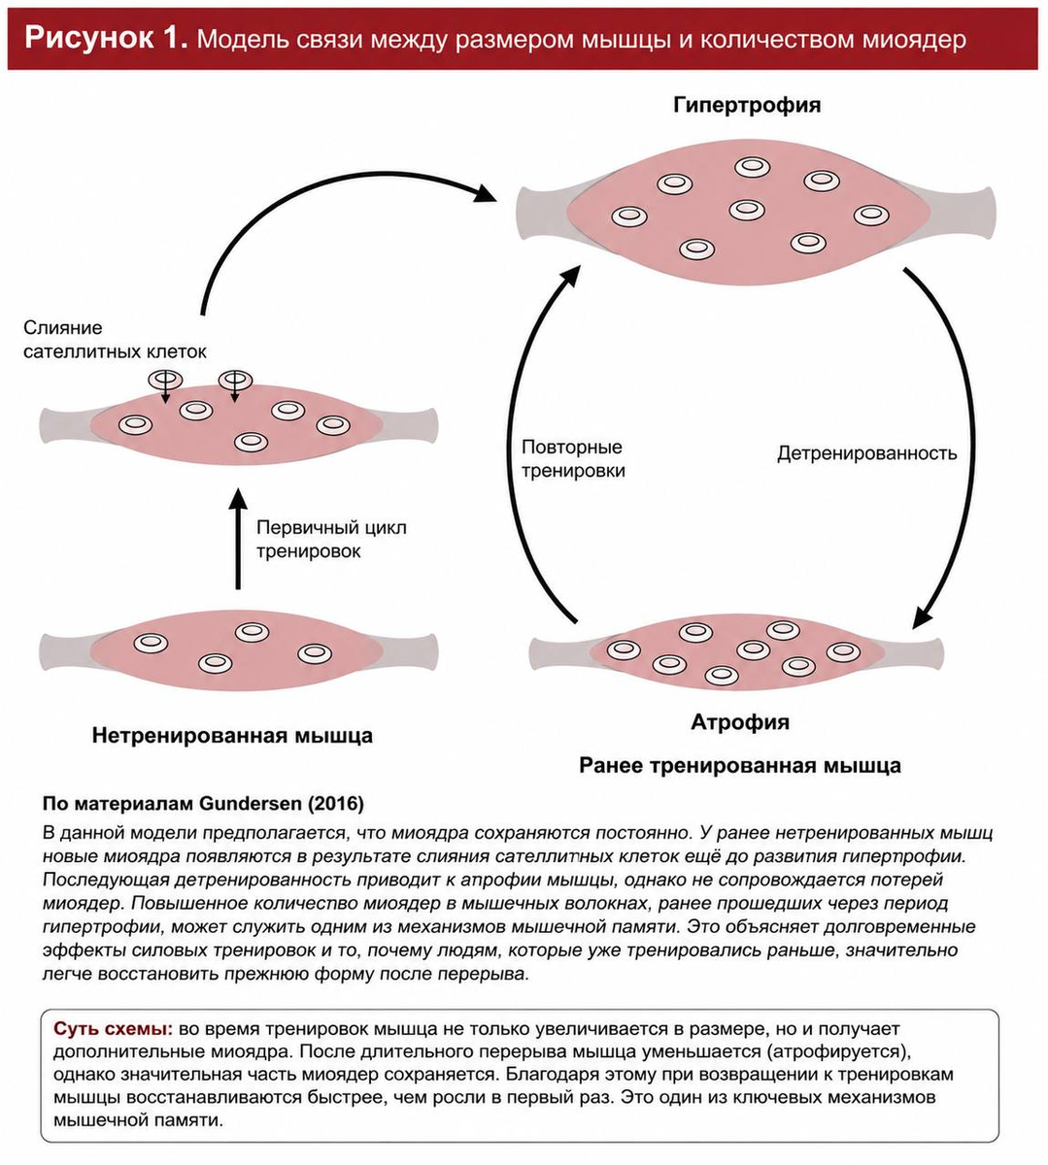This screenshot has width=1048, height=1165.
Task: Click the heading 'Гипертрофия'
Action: pos(747,105)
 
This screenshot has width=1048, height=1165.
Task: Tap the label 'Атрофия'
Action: pos(740,722)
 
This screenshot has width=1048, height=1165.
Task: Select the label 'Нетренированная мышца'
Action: pos(232,736)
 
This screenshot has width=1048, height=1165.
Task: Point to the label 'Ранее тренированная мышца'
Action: pos(740,765)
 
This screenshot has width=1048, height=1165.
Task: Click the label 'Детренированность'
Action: pos(866,453)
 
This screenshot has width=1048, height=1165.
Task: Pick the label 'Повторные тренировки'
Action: pos(573,459)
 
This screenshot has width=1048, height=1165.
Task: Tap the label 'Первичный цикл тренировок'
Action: pos(331,539)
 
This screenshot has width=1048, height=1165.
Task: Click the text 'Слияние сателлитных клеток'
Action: pos(115,340)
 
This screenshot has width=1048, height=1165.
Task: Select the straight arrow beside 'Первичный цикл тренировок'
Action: pos(238,539)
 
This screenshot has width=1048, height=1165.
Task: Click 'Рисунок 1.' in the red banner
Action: pos(107,38)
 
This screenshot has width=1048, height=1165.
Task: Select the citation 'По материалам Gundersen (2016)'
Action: pos(203,804)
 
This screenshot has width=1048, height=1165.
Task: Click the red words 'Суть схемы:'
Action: pos(114,1029)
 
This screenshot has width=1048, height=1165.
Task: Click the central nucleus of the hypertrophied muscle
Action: pos(747,209)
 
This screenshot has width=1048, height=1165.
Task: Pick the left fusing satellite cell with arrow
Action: pos(166,381)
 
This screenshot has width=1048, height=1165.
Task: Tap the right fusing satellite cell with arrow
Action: pos(235,381)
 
